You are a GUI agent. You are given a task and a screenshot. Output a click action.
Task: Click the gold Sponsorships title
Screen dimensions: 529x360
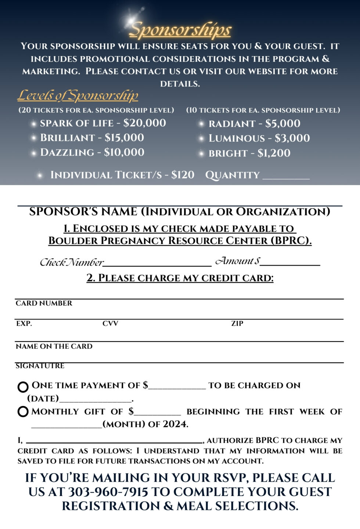[180, 30]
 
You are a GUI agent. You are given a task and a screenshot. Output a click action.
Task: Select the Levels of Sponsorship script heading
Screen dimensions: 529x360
[78, 95]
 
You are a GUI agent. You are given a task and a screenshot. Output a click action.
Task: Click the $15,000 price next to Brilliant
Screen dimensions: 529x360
[124, 138]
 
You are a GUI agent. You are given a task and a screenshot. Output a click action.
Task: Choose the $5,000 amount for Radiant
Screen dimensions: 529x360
[282, 124]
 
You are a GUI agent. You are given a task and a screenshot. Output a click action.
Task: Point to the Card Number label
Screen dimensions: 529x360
[44, 303]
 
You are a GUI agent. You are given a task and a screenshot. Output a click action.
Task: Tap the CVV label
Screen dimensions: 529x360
[110, 323]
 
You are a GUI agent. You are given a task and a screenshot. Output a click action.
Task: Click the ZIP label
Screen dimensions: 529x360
[237, 323]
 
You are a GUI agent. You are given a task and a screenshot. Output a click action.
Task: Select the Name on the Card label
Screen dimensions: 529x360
[54, 346]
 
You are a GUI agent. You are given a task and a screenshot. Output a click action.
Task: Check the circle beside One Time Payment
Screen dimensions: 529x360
[23, 387]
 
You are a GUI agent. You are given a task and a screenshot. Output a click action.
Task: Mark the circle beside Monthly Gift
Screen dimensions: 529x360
[23, 412]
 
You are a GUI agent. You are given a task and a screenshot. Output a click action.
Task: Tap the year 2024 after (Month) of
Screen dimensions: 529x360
[175, 424]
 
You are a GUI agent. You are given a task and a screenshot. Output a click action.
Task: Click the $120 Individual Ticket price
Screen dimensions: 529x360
[183, 175]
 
